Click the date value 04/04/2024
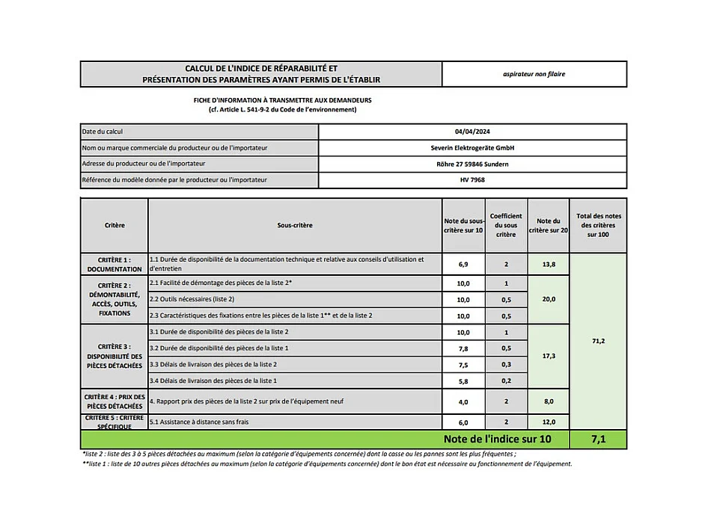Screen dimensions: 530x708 (472, 132)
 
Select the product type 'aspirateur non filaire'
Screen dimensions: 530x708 (534, 74)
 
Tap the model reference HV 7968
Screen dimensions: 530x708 (472, 180)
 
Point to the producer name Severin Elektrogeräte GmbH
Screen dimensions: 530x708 (472, 148)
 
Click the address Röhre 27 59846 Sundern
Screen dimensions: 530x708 (472, 164)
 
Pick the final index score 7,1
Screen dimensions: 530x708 (598, 439)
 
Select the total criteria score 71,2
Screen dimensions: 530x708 (598, 341)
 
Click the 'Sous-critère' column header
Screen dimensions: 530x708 (295, 225)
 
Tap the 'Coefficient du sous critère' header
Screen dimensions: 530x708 (506, 225)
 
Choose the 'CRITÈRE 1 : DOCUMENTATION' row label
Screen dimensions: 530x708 (114, 265)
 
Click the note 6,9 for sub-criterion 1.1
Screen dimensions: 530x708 (463, 265)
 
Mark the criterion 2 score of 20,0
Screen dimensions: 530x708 (549, 299)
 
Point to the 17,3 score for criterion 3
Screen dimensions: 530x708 (549, 356)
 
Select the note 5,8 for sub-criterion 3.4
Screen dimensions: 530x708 (463, 380)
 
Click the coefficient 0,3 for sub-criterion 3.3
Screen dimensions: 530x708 (506, 364)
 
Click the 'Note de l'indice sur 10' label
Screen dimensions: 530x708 (497, 439)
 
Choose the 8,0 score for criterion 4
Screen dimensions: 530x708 (549, 401)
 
